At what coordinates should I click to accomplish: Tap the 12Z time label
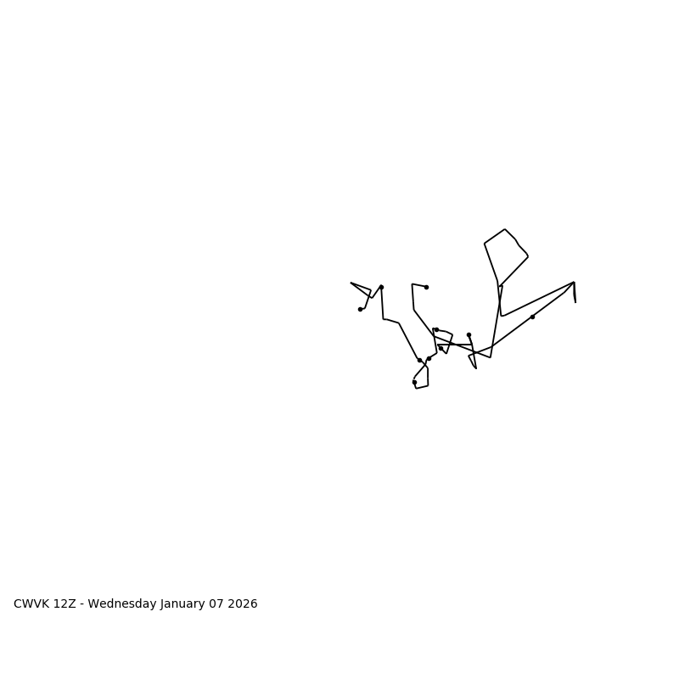pos(66,604)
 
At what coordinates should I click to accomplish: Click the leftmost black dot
pos(360,309)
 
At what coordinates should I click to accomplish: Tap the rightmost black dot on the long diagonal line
pos(532,317)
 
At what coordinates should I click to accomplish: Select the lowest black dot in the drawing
pos(414,382)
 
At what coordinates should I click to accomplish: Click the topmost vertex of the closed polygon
pos(505,229)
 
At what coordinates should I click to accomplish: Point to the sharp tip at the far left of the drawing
pos(351,283)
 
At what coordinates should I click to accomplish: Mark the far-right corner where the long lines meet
pos(574,283)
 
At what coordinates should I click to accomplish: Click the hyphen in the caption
pos(82,604)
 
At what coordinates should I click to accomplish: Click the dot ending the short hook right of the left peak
pos(426,287)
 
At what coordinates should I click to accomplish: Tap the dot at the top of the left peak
pos(381,287)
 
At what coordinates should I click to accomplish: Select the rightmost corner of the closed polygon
pos(528,256)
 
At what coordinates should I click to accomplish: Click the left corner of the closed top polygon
pos(485,244)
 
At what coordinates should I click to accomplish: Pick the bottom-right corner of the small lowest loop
pos(428,385)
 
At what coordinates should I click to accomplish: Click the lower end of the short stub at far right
pos(575,302)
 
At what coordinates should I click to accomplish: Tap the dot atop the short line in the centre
pos(469,334)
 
